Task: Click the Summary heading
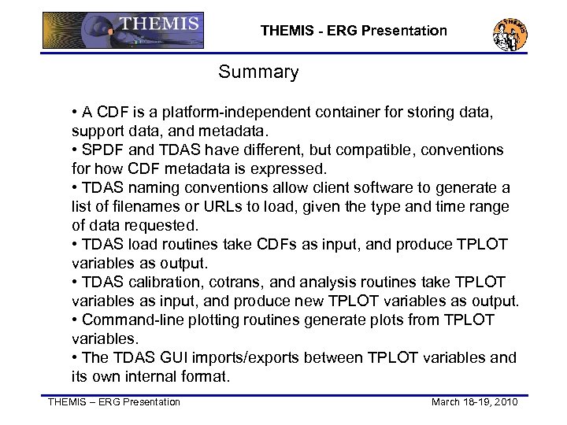(x=258, y=73)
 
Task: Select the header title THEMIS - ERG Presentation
(x=354, y=31)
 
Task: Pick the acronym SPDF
(x=101, y=150)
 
